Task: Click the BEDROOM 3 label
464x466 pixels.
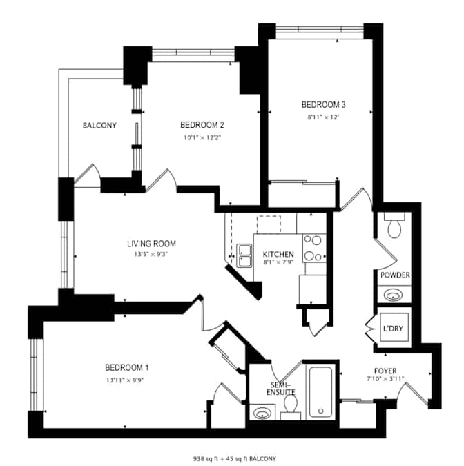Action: [x=323, y=105]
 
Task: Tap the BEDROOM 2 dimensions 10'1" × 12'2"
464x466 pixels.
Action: [x=202, y=137]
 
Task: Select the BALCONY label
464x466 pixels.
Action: [x=99, y=125]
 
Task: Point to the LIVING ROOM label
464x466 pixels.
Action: [x=152, y=244]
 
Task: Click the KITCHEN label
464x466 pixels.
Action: [x=278, y=254]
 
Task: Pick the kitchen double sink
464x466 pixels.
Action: [x=244, y=255]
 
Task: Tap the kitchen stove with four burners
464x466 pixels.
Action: [x=314, y=248]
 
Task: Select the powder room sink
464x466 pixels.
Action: [x=393, y=295]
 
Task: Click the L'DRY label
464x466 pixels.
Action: [x=394, y=329]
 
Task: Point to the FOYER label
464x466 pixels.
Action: [x=385, y=371]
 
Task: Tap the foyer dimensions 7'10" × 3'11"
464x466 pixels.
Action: [x=385, y=379]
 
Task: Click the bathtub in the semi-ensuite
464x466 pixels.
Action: [x=321, y=392]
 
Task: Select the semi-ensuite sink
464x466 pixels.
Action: [x=262, y=413]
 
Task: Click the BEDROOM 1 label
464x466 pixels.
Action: [x=127, y=368]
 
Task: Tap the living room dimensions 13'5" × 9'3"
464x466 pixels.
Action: [x=151, y=254]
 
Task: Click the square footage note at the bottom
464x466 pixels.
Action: [x=235, y=458]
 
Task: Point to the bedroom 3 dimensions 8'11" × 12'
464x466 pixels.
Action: [x=323, y=117]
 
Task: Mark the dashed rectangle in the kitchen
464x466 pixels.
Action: [x=269, y=224]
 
